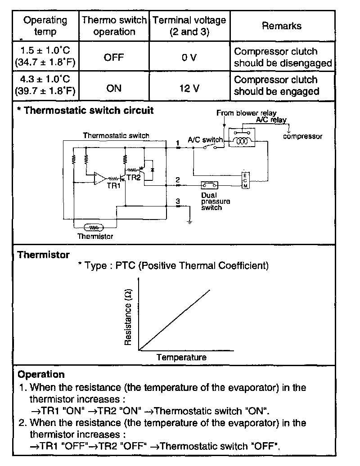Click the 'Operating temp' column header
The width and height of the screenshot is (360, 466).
tap(45, 26)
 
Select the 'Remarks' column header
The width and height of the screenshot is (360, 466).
tap(282, 26)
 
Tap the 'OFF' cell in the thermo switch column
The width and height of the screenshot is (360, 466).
tap(114, 57)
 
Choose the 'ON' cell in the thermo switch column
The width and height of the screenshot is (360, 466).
tap(114, 88)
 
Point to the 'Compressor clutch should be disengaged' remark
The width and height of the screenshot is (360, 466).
tap(283, 57)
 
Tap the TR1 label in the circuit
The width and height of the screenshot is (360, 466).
tap(113, 186)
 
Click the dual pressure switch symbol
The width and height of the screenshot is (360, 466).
tap(209, 185)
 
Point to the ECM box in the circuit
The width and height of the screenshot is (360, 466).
tap(245, 180)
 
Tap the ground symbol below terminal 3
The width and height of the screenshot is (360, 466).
tap(190, 221)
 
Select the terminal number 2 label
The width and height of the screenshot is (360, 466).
tap(178, 179)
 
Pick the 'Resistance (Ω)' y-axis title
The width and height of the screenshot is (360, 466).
tap(128, 317)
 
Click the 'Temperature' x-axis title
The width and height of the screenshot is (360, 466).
tap(181, 358)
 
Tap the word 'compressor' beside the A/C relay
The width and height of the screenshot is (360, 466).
tap(302, 136)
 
